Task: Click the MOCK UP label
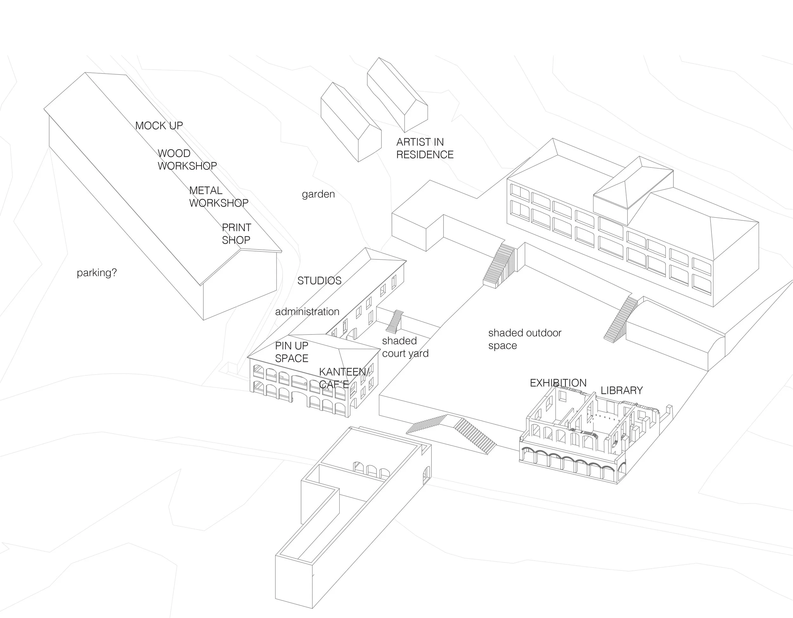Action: click(x=159, y=126)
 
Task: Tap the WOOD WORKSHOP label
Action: click(x=187, y=160)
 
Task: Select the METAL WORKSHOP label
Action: click(x=219, y=197)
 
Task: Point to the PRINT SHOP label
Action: click(x=236, y=234)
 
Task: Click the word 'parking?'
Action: click(x=96, y=272)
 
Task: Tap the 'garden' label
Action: click(x=318, y=194)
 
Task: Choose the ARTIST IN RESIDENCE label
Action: click(x=425, y=148)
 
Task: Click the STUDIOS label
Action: click(x=319, y=281)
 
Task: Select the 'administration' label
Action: click(x=307, y=311)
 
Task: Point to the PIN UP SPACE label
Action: click(x=292, y=352)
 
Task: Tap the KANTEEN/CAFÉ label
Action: click(x=344, y=378)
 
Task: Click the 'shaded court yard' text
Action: click(x=405, y=347)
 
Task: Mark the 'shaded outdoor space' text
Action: click(x=525, y=339)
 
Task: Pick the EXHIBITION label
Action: click(x=558, y=383)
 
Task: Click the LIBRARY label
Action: click(x=622, y=390)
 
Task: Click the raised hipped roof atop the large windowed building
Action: click(x=633, y=189)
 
